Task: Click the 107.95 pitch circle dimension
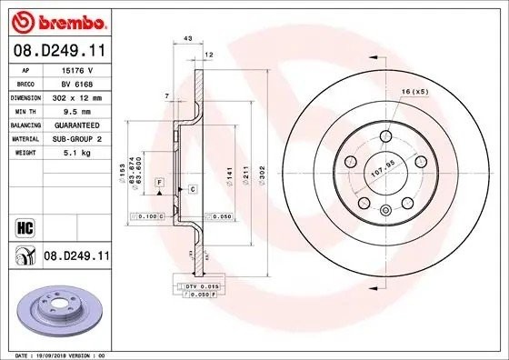(x=382, y=167)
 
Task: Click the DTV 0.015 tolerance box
(x=193, y=287)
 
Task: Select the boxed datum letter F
(x=159, y=184)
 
